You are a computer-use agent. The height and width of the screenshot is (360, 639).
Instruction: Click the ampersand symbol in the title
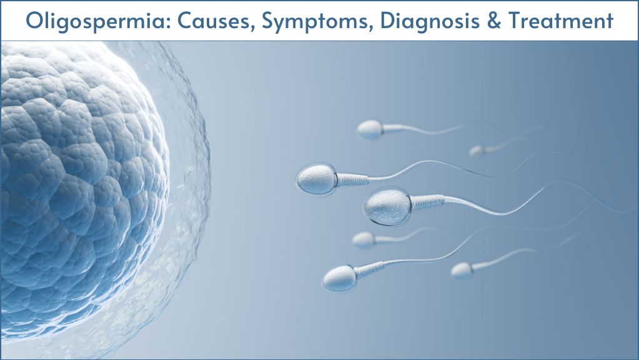coord(494,21)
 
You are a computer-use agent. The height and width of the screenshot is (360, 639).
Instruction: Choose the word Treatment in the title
coord(561,21)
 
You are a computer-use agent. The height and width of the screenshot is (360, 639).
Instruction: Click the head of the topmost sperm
coord(370,129)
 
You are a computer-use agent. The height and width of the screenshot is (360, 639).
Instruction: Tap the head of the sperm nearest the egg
coord(317,179)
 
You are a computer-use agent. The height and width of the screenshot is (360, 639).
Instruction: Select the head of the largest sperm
coord(387,207)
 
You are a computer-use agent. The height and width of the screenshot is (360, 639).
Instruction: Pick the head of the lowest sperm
coord(339,278)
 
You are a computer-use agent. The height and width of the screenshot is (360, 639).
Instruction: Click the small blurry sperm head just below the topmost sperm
coord(476,151)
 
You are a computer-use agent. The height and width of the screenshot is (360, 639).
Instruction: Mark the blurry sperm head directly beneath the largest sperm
coord(364,240)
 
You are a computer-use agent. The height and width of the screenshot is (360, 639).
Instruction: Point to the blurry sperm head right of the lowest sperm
coord(462,271)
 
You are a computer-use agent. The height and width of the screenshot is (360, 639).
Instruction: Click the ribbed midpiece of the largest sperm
coord(427,202)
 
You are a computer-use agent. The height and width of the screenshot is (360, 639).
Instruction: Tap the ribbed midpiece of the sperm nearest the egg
coord(352,179)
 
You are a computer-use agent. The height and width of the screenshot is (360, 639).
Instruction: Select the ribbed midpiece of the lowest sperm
coord(370,269)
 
